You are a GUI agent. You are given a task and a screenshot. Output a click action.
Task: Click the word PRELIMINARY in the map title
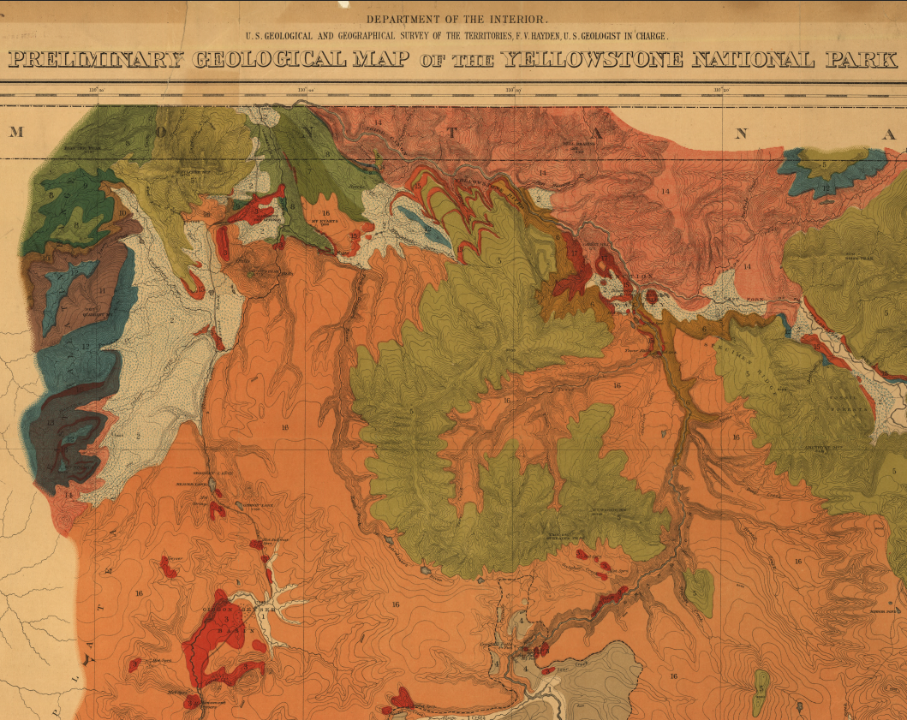pyautogui.click(x=96, y=60)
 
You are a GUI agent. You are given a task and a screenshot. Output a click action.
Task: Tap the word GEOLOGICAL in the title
pyautogui.click(x=269, y=60)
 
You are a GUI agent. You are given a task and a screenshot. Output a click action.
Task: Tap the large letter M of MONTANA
pyautogui.click(x=16, y=132)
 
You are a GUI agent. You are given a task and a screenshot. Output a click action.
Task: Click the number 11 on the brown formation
pyautogui.click(x=101, y=291)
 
